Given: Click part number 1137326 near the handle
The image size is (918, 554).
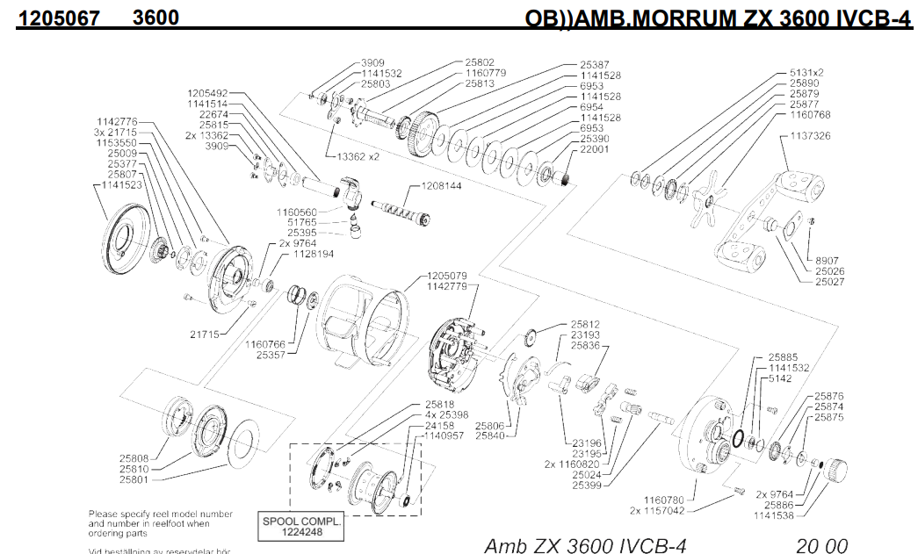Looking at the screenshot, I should [x=811, y=136].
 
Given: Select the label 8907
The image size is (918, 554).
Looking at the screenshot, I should [x=828, y=261].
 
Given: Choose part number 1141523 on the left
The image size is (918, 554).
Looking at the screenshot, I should [x=117, y=185].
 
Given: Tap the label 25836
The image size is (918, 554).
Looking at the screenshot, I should [x=585, y=345].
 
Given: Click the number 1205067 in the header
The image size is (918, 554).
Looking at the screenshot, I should [x=53, y=18].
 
